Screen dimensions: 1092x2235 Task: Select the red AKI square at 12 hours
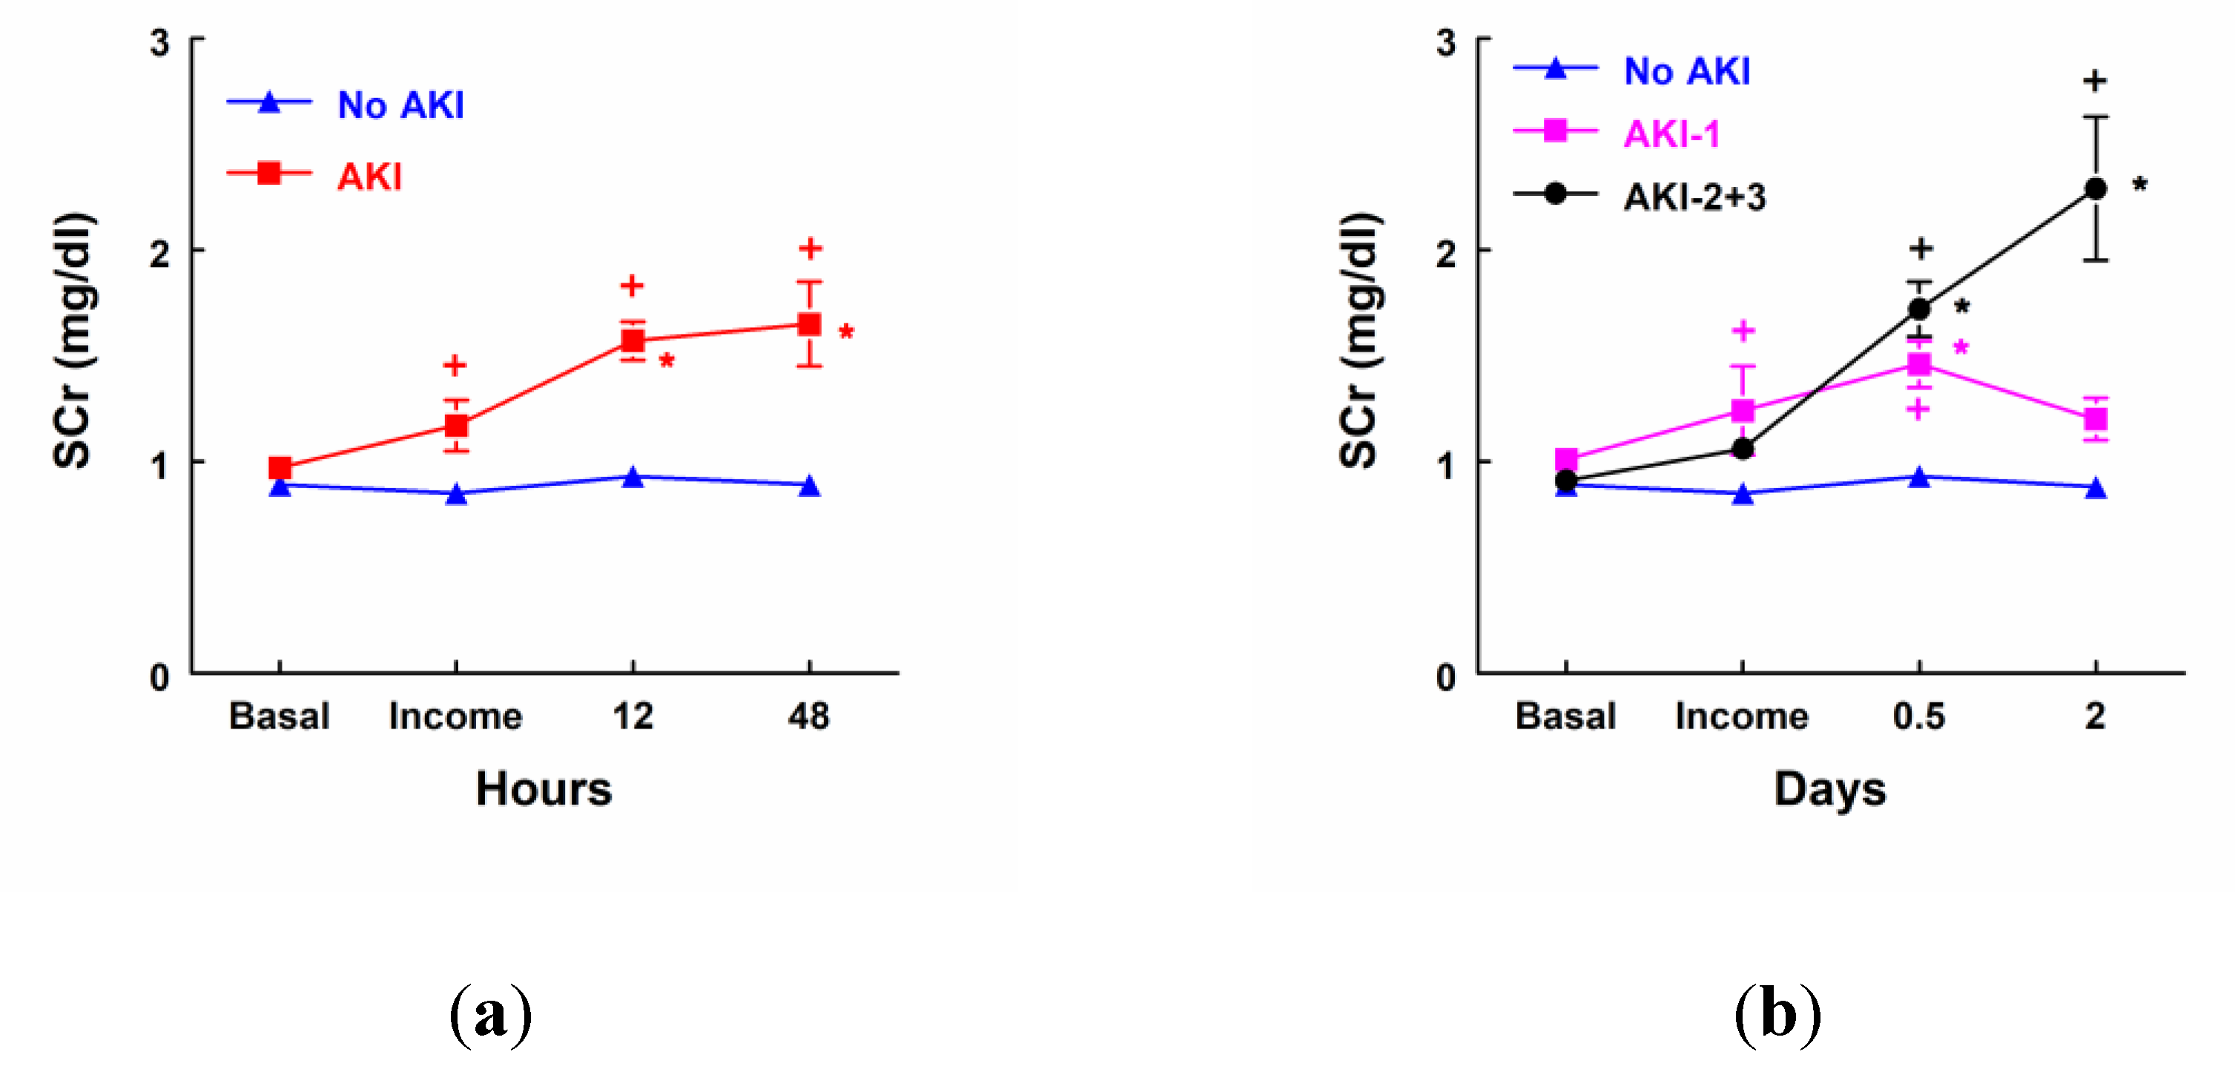pyautogui.click(x=633, y=341)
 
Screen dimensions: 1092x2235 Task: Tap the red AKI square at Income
pyautogui.click(x=456, y=425)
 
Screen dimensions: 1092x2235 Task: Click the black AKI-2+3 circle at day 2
pyautogui.click(x=2096, y=188)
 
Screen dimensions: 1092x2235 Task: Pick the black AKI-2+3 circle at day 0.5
pyautogui.click(x=1919, y=308)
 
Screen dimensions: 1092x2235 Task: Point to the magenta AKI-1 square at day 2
pyautogui.click(x=2096, y=419)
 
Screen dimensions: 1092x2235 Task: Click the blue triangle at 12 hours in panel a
pyautogui.click(x=633, y=478)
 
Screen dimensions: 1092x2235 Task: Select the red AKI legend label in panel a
pyautogui.click(x=369, y=177)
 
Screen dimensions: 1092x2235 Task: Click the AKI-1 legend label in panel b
pyautogui.click(x=1671, y=134)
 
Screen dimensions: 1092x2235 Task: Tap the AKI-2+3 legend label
pyautogui.click(x=1694, y=197)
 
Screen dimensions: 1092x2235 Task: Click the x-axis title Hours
pyautogui.click(x=544, y=789)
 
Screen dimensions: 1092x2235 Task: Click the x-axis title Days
pyautogui.click(x=1830, y=789)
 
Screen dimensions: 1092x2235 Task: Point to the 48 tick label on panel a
pyautogui.click(x=808, y=716)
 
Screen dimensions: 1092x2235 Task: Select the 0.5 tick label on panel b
pyautogui.click(x=1919, y=716)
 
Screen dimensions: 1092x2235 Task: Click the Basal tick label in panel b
pyautogui.click(x=1565, y=716)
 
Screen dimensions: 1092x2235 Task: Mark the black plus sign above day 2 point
pyautogui.click(x=2096, y=81)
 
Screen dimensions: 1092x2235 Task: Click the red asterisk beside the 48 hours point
pyautogui.click(x=846, y=332)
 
